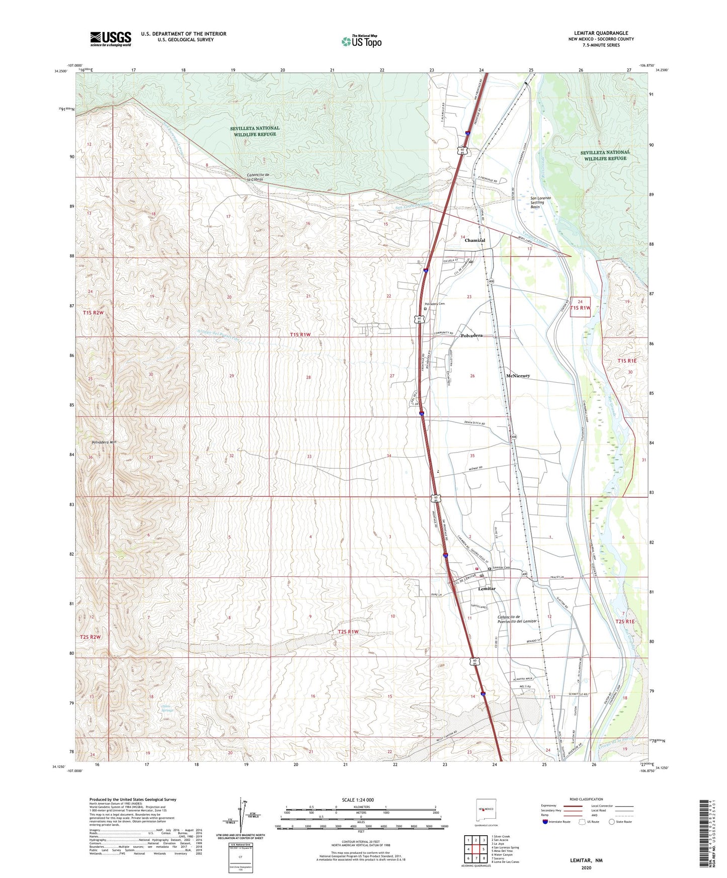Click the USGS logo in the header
[x=111, y=39]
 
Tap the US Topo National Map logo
[x=361, y=41]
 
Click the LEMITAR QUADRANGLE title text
[x=601, y=33]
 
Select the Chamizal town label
[x=474, y=240]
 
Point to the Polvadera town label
[x=471, y=335]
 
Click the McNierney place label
[x=518, y=376]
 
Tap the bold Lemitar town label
[x=487, y=588]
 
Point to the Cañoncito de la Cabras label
[x=259, y=177]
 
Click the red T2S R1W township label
[x=348, y=632]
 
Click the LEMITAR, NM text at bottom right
[x=586, y=860]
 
